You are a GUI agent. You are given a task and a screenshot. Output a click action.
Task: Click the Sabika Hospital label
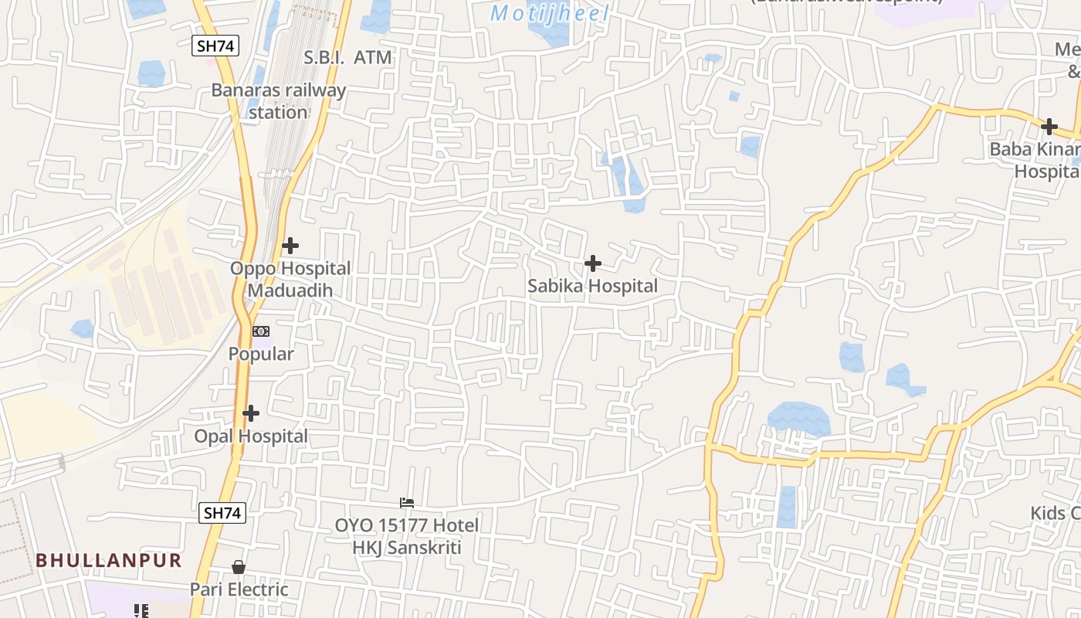point(592,286)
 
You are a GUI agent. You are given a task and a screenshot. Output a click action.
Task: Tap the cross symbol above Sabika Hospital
point(592,263)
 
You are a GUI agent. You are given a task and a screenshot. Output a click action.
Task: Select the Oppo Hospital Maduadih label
point(290,279)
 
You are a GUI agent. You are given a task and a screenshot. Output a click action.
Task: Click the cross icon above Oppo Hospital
point(290,246)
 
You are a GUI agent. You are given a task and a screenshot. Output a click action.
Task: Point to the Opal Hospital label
point(251,436)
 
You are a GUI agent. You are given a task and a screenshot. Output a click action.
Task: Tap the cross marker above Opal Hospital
point(251,413)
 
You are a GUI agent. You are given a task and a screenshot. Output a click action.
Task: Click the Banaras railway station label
point(279,101)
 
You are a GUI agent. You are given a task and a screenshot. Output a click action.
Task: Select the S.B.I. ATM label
point(347,57)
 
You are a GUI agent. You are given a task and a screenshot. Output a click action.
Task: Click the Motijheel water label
point(550,13)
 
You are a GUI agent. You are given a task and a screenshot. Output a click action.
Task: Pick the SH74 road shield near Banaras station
point(215,46)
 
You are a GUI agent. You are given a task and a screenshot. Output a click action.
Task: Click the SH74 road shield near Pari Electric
point(222,512)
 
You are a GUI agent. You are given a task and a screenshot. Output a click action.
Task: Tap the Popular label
point(261,354)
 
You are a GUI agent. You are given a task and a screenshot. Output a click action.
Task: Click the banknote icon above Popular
point(261,331)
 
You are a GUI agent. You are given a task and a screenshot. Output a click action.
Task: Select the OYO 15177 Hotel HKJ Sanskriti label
point(407,536)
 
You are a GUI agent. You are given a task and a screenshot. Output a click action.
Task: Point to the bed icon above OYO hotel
point(407,502)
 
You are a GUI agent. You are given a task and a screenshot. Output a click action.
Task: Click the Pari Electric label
point(239,589)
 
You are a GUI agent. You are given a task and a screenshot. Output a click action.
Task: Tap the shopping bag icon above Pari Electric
point(239,567)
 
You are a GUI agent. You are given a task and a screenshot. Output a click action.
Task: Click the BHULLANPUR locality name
point(109,560)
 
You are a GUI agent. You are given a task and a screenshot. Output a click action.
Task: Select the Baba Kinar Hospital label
point(1034,160)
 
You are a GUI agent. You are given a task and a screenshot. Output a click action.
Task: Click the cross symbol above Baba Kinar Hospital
point(1049,127)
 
